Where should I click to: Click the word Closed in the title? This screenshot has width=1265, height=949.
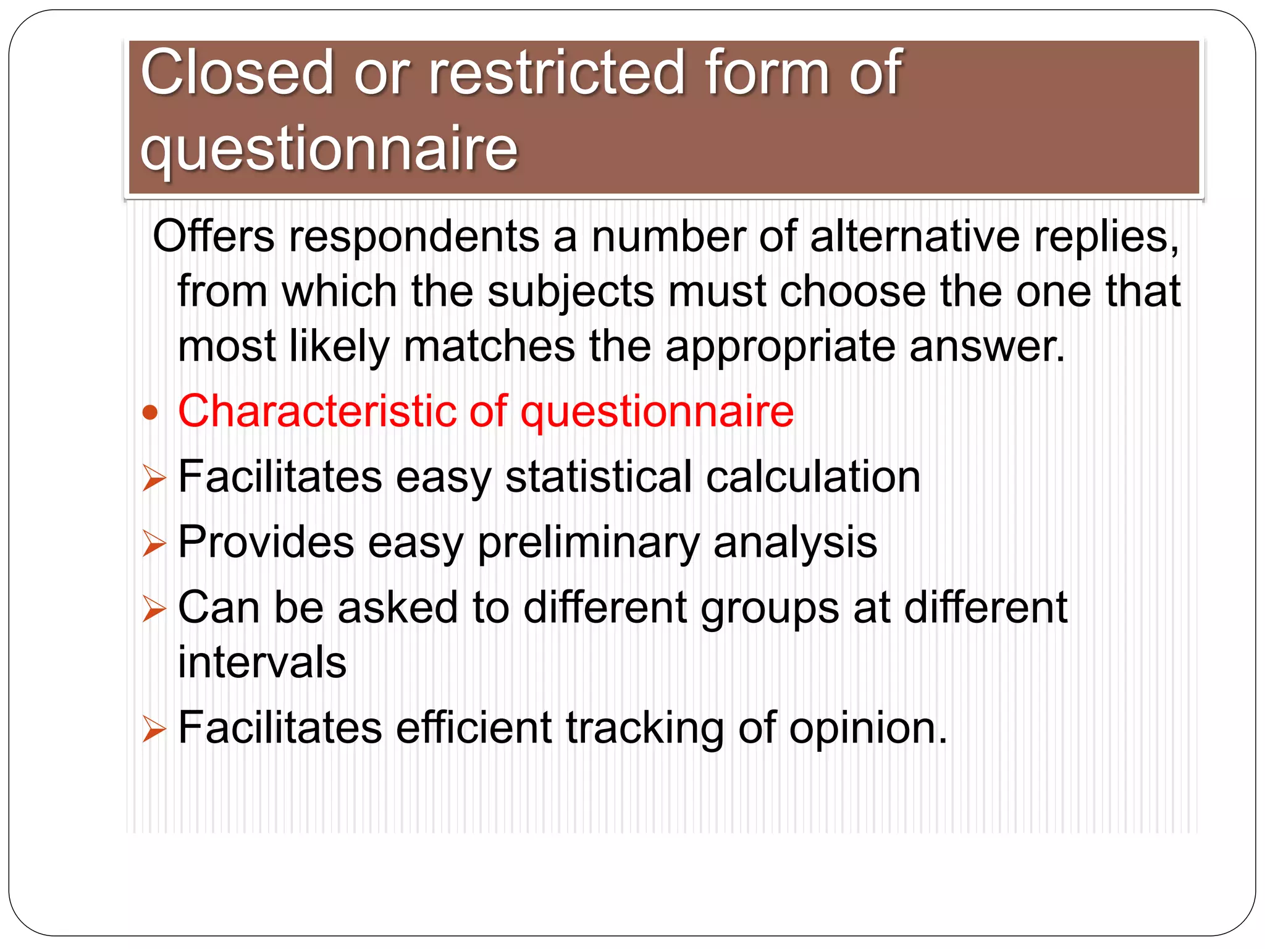pyautogui.click(x=237, y=73)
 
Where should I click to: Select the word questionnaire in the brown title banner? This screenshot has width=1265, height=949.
pyautogui.click(x=329, y=148)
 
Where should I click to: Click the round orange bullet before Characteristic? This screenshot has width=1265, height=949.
pyautogui.click(x=150, y=412)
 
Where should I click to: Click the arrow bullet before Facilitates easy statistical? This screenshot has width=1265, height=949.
pyautogui.click(x=154, y=478)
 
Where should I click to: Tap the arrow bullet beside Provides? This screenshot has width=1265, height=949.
pyautogui.click(x=154, y=544)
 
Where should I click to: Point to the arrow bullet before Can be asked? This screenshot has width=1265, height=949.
pyautogui.click(x=154, y=609)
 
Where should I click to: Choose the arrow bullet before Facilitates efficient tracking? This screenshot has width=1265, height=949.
pyautogui.click(x=154, y=728)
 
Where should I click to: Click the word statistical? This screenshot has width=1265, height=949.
pyautogui.click(x=599, y=477)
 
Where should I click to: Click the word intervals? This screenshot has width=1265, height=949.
pyautogui.click(x=262, y=662)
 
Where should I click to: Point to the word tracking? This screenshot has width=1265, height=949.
pyautogui.click(x=645, y=728)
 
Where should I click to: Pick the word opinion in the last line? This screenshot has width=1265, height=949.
pyautogui.click(x=867, y=728)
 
